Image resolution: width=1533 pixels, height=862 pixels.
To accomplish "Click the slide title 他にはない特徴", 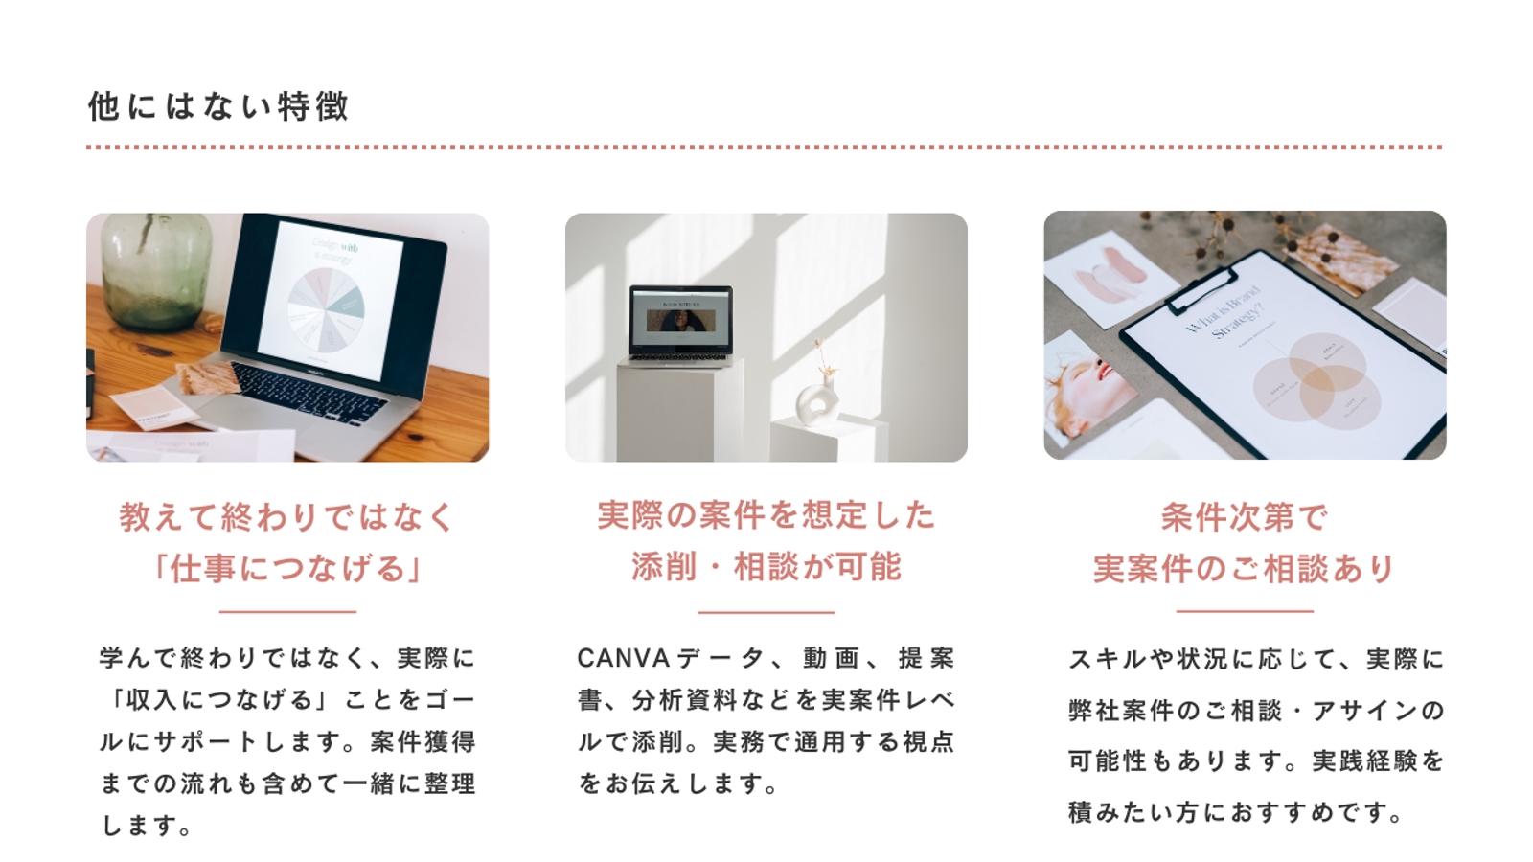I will pos(218,105).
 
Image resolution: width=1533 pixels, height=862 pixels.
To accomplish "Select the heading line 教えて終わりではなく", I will pos(287,517).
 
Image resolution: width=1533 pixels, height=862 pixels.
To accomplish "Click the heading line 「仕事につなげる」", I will pos(287,569).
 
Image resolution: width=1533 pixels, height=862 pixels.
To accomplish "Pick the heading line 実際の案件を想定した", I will pos(766,515).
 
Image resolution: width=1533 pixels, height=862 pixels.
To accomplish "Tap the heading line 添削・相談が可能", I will pos(766,567).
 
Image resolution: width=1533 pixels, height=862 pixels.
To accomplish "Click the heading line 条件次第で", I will pos(1244,517).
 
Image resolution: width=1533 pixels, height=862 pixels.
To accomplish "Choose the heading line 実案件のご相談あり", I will pos(1244,569).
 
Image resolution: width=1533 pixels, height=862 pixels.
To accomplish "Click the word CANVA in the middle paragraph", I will pos(623,659).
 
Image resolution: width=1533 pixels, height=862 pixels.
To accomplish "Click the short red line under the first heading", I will pos(287,611).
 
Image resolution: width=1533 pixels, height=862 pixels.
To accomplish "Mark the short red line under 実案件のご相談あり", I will pos(1244,610).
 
